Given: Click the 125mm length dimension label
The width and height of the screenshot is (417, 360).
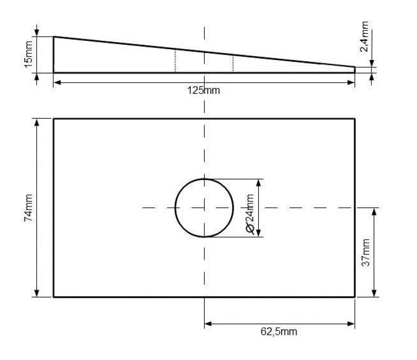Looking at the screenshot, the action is [204, 90].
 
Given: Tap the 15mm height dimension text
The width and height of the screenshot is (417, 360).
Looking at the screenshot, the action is [29, 54].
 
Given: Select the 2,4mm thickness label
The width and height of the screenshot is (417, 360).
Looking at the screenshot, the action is [364, 36].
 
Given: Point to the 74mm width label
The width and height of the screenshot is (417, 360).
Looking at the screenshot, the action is [29, 208].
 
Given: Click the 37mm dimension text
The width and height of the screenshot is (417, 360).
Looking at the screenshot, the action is [366, 253].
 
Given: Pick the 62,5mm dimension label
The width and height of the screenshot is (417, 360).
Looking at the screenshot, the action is [279, 331].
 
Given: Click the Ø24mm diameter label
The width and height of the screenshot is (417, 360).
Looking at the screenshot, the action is [250, 214].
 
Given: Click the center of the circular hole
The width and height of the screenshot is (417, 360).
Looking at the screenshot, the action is [204, 208].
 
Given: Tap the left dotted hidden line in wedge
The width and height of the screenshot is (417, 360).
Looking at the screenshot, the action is [175, 61].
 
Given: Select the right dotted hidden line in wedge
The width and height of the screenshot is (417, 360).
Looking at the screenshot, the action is [233, 63].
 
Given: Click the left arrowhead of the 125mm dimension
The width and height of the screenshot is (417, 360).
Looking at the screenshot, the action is [57, 83].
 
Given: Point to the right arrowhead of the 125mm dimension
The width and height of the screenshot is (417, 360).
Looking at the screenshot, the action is [351, 83].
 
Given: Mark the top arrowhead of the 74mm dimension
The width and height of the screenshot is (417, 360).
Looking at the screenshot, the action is [36, 122].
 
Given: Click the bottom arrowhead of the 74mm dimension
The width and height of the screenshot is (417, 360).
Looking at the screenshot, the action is [36, 293].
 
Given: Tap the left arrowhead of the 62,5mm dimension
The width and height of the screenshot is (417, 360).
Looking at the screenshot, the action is [208, 324].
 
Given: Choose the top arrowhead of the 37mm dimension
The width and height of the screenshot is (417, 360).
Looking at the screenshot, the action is [374, 212].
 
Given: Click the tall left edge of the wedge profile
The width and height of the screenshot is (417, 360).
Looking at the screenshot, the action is [54, 54].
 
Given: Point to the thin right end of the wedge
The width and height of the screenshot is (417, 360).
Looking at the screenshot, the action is [355, 70].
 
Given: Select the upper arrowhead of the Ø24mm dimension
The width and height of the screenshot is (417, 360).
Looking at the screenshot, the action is [259, 183].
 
